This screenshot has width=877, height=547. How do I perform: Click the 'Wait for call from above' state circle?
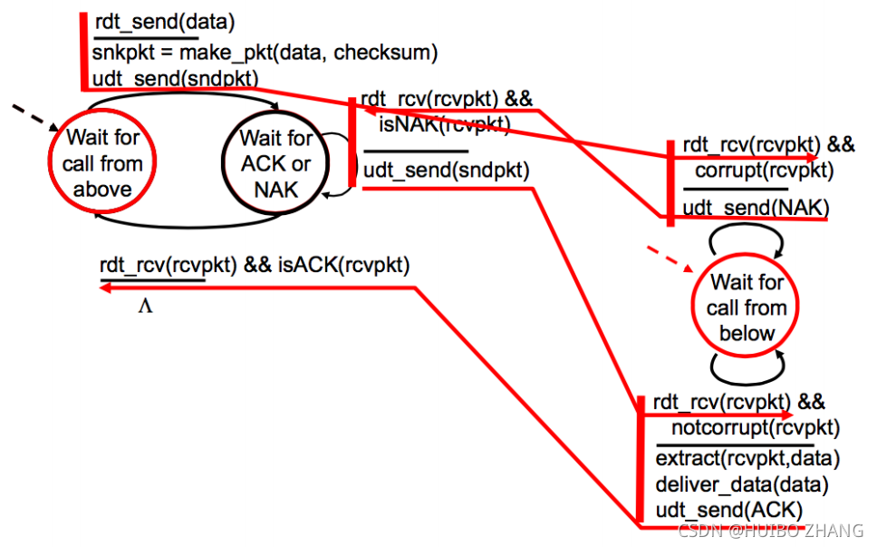coord(102,163)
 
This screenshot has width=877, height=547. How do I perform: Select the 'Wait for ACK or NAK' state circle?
coord(275,163)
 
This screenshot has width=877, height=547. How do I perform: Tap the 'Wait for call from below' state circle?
coord(747,308)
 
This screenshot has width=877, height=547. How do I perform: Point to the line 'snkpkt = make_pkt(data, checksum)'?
coord(265,53)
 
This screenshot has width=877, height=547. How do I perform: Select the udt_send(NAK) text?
coord(756,207)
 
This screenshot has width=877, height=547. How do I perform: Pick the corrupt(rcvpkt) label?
coord(764,170)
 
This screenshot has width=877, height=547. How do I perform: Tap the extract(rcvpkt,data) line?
coord(747,456)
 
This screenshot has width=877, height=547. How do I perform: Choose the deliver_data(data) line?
coord(742,484)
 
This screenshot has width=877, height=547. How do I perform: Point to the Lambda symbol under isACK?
coord(145,306)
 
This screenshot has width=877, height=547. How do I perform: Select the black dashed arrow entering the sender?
coord(33,117)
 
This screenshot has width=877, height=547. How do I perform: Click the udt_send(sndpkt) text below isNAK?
coord(447,170)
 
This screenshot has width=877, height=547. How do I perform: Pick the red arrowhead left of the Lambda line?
coord(105,288)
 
